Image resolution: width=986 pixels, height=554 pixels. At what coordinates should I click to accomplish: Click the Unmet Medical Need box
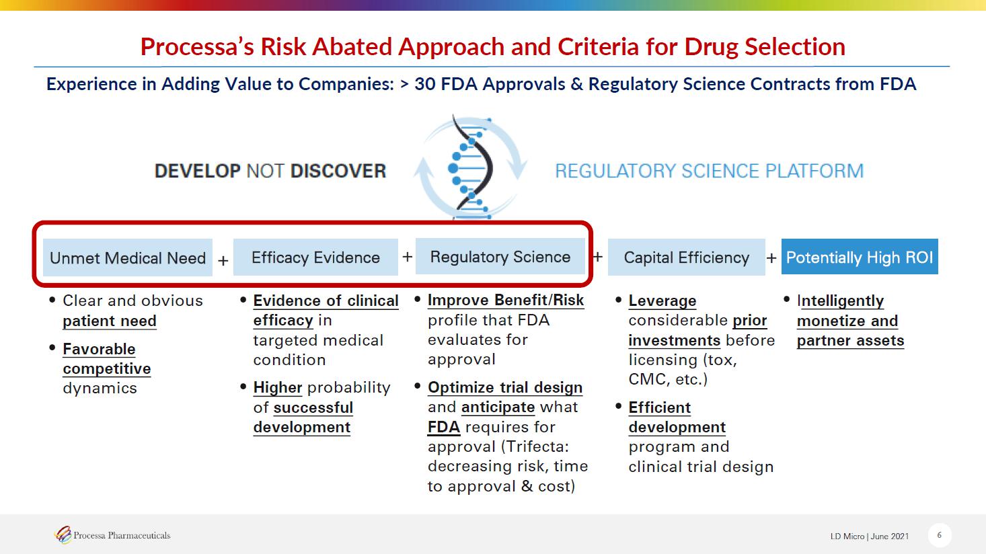click(128, 258)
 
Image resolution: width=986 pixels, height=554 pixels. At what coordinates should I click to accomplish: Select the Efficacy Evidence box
click(315, 258)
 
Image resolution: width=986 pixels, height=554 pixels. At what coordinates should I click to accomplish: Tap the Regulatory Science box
click(500, 257)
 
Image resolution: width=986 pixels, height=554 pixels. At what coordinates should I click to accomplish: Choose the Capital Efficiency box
click(686, 258)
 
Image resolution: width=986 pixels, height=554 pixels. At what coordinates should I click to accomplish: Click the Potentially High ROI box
click(860, 257)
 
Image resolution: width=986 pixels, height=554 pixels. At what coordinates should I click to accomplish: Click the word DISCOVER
click(338, 171)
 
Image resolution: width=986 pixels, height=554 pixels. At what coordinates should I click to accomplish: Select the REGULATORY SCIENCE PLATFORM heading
click(709, 171)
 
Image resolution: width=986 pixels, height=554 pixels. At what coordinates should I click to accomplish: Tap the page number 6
click(940, 535)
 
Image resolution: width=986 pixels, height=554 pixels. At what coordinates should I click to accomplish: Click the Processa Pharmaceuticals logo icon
click(63, 535)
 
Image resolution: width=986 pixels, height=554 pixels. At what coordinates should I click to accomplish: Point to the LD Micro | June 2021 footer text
click(870, 536)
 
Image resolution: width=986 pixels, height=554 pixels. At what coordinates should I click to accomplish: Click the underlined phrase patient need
click(110, 321)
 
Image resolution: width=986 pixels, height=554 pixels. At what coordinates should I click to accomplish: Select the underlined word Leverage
click(662, 301)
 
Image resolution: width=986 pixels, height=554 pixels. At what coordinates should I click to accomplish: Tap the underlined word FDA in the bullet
click(444, 427)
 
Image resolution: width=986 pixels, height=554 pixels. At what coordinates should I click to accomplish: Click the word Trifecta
click(535, 446)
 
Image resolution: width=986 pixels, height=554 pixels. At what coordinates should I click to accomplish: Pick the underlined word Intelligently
click(840, 301)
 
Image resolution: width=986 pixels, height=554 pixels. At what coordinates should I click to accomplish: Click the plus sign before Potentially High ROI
click(771, 258)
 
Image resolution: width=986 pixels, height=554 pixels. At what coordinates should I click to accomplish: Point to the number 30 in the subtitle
click(425, 83)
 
